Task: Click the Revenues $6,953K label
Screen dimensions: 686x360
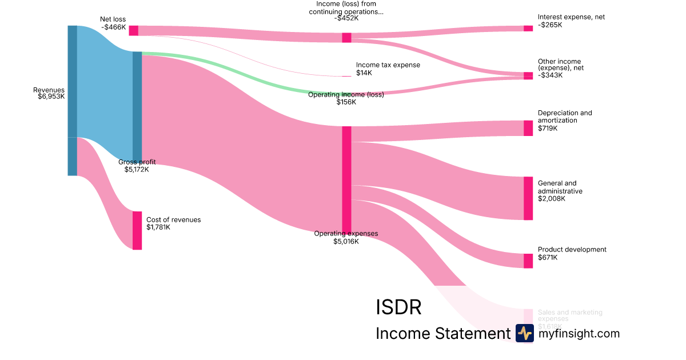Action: (49, 93)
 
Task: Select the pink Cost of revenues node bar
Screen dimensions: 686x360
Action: (137, 230)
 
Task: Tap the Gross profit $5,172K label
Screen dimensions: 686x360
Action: (137, 166)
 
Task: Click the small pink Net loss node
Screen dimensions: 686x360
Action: (133, 30)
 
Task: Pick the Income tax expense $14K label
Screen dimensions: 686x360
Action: (388, 69)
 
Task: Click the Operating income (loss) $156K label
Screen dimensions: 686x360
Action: (346, 98)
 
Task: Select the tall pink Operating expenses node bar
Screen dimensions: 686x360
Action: (346, 179)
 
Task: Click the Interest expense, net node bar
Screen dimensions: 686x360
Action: (528, 28)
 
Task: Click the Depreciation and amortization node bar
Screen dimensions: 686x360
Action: (528, 128)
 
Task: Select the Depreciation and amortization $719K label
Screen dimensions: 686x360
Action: (564, 121)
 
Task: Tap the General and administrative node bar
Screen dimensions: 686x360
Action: (528, 198)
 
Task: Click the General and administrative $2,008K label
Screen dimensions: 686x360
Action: (560, 191)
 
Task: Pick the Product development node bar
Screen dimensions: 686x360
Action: (528, 261)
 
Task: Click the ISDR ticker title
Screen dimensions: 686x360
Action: (398, 307)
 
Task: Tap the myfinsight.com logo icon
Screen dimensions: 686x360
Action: (524, 333)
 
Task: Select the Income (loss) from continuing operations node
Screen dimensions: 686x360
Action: (346, 38)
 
